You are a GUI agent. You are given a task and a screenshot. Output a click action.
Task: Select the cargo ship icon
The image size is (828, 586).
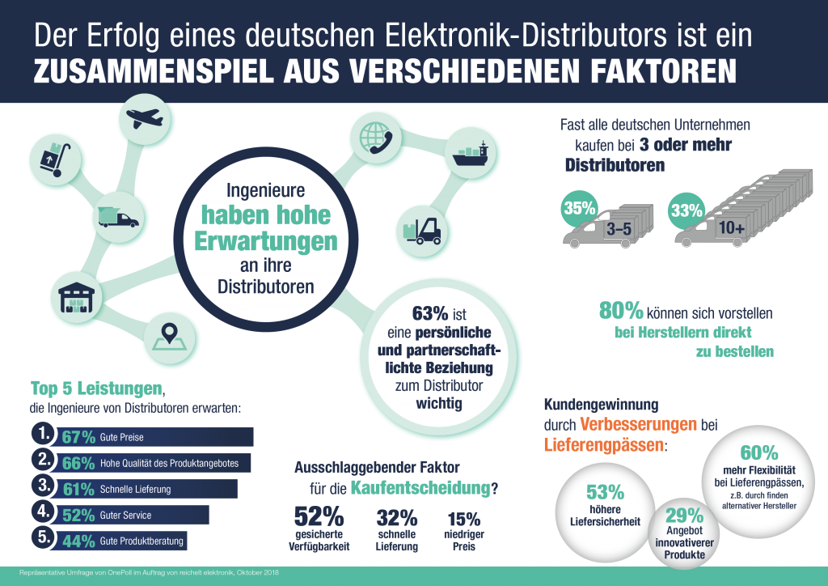(x=471, y=156)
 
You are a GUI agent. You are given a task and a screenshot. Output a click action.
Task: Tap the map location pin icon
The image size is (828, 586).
(x=168, y=333)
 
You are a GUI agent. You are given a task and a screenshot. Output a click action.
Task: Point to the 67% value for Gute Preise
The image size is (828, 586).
(x=79, y=437)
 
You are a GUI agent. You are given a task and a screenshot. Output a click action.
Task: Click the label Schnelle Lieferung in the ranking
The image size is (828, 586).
(x=135, y=490)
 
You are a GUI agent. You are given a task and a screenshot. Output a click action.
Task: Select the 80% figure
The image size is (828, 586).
(x=620, y=311)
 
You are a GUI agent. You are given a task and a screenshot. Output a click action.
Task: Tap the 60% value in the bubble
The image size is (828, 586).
(x=758, y=452)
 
